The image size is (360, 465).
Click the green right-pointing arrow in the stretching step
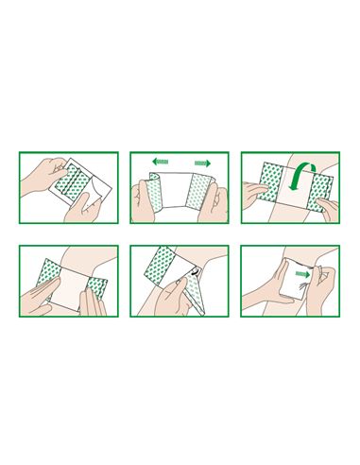click(x=201, y=163)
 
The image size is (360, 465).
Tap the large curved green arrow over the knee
click(x=302, y=178)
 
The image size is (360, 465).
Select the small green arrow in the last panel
click(x=301, y=276)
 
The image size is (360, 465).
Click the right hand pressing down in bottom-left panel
click(x=94, y=301)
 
